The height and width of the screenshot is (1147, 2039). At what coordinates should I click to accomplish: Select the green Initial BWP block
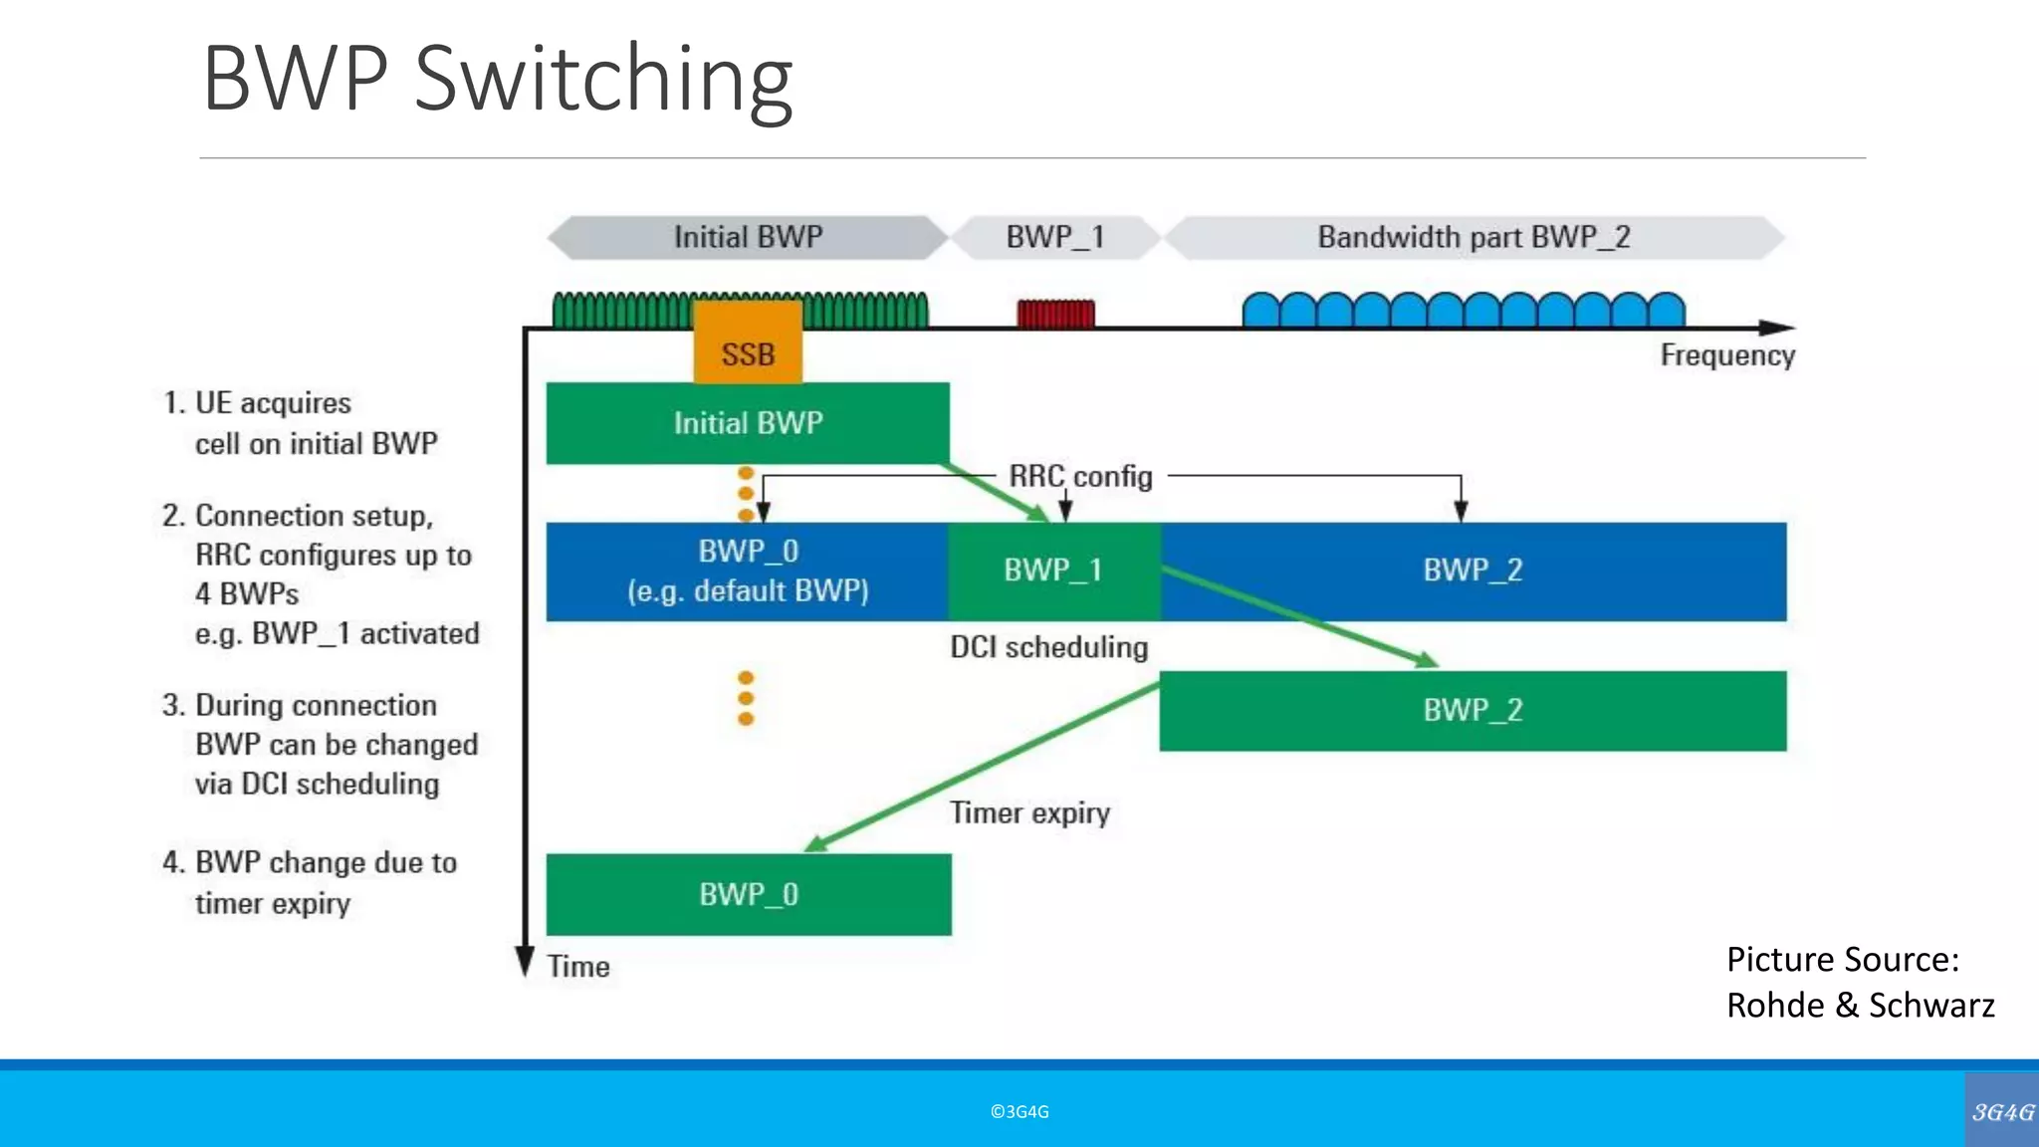[748, 423]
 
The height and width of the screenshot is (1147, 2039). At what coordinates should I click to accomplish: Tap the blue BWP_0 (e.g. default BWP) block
[748, 572]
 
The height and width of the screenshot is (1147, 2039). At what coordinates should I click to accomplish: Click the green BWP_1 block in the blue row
[1053, 571]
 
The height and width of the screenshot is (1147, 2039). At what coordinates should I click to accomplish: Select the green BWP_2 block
[1473, 711]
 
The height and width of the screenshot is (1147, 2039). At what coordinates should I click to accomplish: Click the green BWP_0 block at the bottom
[748, 894]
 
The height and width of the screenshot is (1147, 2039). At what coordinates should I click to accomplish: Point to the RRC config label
[1080, 477]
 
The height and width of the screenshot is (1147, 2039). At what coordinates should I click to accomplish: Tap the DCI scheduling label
[1048, 648]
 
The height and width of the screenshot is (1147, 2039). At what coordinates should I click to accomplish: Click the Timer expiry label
[1029, 813]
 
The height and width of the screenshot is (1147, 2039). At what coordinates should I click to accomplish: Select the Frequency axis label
[1726, 355]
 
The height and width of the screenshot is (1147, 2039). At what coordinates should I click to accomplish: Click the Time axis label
[578, 967]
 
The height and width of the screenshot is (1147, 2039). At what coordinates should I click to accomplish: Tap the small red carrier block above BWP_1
[1055, 314]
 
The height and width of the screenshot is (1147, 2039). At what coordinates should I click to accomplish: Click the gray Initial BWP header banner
[748, 237]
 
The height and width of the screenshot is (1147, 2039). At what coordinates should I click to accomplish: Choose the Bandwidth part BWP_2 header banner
[1473, 237]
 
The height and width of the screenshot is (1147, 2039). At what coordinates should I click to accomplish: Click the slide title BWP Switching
[497, 79]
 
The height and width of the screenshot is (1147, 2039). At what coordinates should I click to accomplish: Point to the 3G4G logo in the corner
[2002, 1111]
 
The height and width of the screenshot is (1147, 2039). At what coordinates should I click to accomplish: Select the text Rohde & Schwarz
[1860, 1006]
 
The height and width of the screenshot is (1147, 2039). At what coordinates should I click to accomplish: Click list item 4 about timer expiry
[309, 882]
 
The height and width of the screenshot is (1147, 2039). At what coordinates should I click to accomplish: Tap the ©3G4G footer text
[1019, 1112]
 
